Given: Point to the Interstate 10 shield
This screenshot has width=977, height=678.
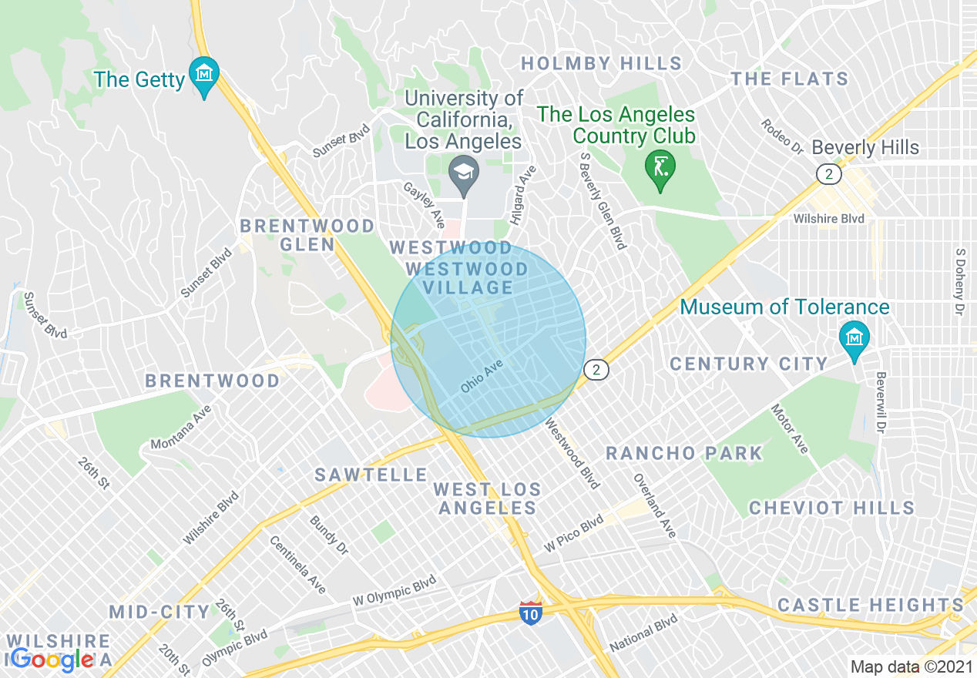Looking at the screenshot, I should coord(530,613).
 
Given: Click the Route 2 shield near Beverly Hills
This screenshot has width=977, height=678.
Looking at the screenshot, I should coord(829,175).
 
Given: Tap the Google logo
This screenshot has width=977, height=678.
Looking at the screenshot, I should coord(52,659).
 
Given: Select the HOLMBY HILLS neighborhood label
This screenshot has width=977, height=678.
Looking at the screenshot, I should coord(601,63).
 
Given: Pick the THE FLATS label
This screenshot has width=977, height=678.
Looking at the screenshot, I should coord(790,79).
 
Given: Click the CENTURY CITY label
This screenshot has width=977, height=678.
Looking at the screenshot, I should coord(748,364).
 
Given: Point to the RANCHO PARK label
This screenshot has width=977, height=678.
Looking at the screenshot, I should coord(684,453).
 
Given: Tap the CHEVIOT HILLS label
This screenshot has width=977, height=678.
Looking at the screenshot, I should coord(831,508).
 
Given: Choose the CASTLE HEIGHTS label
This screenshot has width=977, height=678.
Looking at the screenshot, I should coord(871,605).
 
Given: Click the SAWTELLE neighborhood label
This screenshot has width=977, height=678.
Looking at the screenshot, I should coord(371,475).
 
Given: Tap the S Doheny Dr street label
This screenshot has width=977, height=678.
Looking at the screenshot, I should coord(959,281).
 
